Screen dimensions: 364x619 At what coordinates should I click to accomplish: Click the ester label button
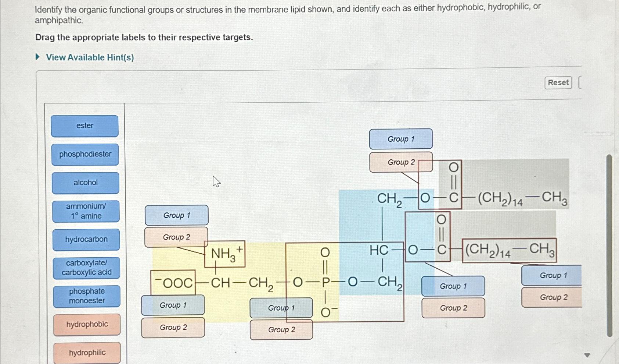point(84,126)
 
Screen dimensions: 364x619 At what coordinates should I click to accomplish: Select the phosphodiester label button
point(85,154)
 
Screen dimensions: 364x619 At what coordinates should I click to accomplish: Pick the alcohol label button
point(85,183)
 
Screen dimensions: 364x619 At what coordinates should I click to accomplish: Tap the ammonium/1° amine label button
point(86,211)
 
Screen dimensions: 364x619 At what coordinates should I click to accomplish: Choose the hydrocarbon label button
point(86,240)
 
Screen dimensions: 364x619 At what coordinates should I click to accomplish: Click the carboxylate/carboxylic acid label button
point(86,268)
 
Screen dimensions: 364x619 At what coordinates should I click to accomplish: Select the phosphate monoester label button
point(87,296)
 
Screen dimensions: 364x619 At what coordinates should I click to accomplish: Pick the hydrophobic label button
point(87,324)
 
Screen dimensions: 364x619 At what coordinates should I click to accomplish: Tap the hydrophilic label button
point(87,353)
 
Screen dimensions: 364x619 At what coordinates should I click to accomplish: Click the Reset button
point(558,82)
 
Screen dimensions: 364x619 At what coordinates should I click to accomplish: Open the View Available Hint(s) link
point(90,57)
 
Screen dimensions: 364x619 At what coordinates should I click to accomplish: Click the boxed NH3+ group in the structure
point(225,254)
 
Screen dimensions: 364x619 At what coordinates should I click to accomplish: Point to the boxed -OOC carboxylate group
point(173,283)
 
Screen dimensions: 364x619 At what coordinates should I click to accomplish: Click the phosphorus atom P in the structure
point(325,283)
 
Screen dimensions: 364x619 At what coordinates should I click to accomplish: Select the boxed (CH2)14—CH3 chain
point(509,250)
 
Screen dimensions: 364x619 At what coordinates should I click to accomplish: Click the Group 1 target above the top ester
point(401,139)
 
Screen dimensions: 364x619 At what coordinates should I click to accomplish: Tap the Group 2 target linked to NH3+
point(176,237)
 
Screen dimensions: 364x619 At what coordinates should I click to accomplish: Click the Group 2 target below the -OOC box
point(173,327)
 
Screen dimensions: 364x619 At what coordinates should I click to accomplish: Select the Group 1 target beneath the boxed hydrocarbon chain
point(552,275)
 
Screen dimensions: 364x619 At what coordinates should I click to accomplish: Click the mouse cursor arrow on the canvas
point(216,181)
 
